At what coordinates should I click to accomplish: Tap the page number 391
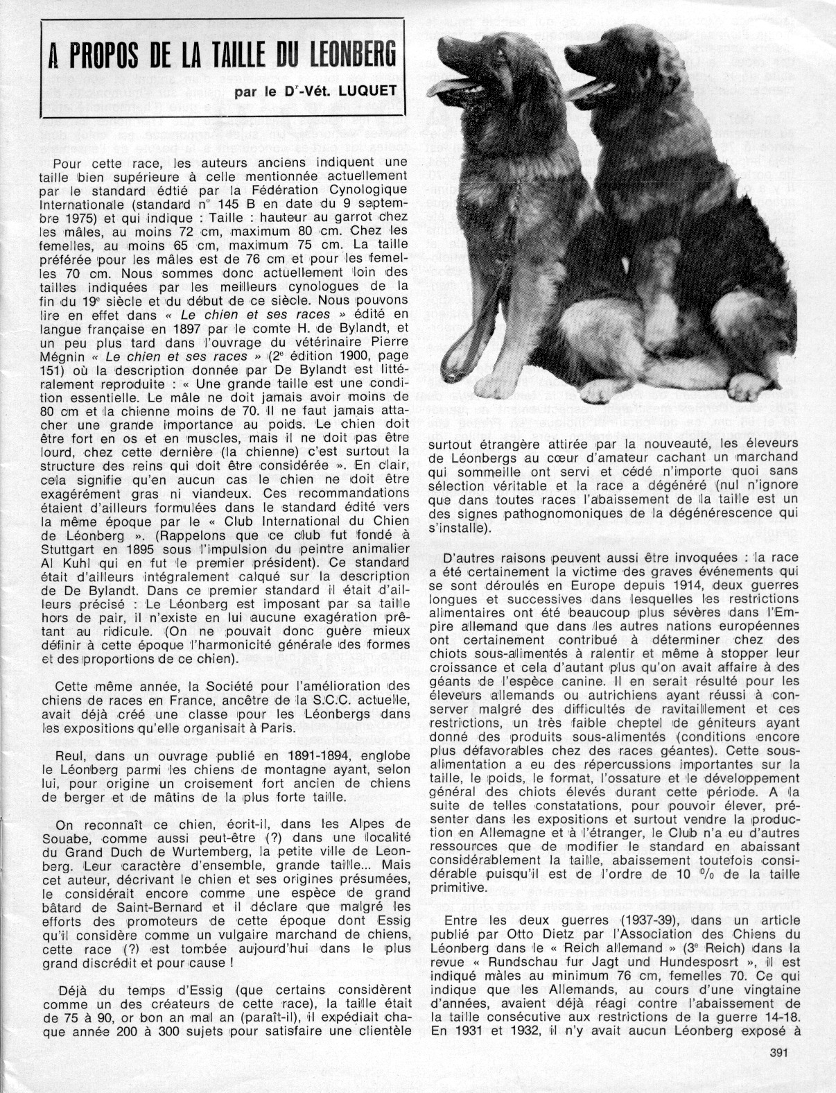[781, 1053]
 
